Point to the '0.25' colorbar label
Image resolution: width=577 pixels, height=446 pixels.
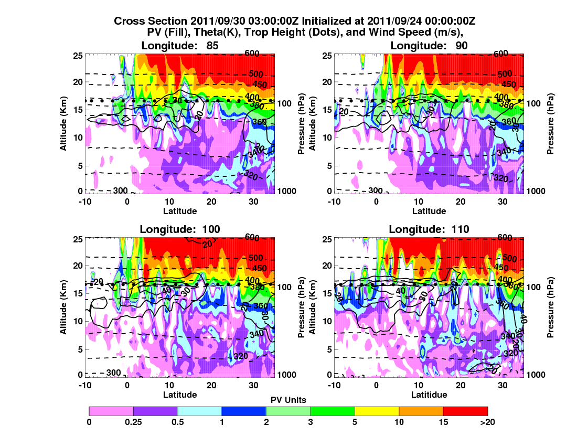pyautogui.click(x=133, y=421)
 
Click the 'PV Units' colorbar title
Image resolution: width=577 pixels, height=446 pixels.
pyautogui.click(x=288, y=400)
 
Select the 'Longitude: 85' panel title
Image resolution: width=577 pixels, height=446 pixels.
pyautogui.click(x=179, y=46)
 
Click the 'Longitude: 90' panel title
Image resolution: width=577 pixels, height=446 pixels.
pyautogui.click(x=429, y=46)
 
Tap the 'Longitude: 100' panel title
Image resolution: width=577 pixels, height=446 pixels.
pyautogui.click(x=179, y=229)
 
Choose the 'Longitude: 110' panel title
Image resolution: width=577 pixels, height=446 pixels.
pyautogui.click(x=429, y=229)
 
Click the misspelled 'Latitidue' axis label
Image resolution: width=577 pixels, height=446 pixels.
pyautogui.click(x=429, y=395)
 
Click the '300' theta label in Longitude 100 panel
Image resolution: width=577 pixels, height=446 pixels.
pyautogui.click(x=113, y=373)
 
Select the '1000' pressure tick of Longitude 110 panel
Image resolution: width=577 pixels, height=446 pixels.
pyautogui.click(x=537, y=374)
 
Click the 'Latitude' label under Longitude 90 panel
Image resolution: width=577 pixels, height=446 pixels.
pyautogui.click(x=429, y=211)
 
